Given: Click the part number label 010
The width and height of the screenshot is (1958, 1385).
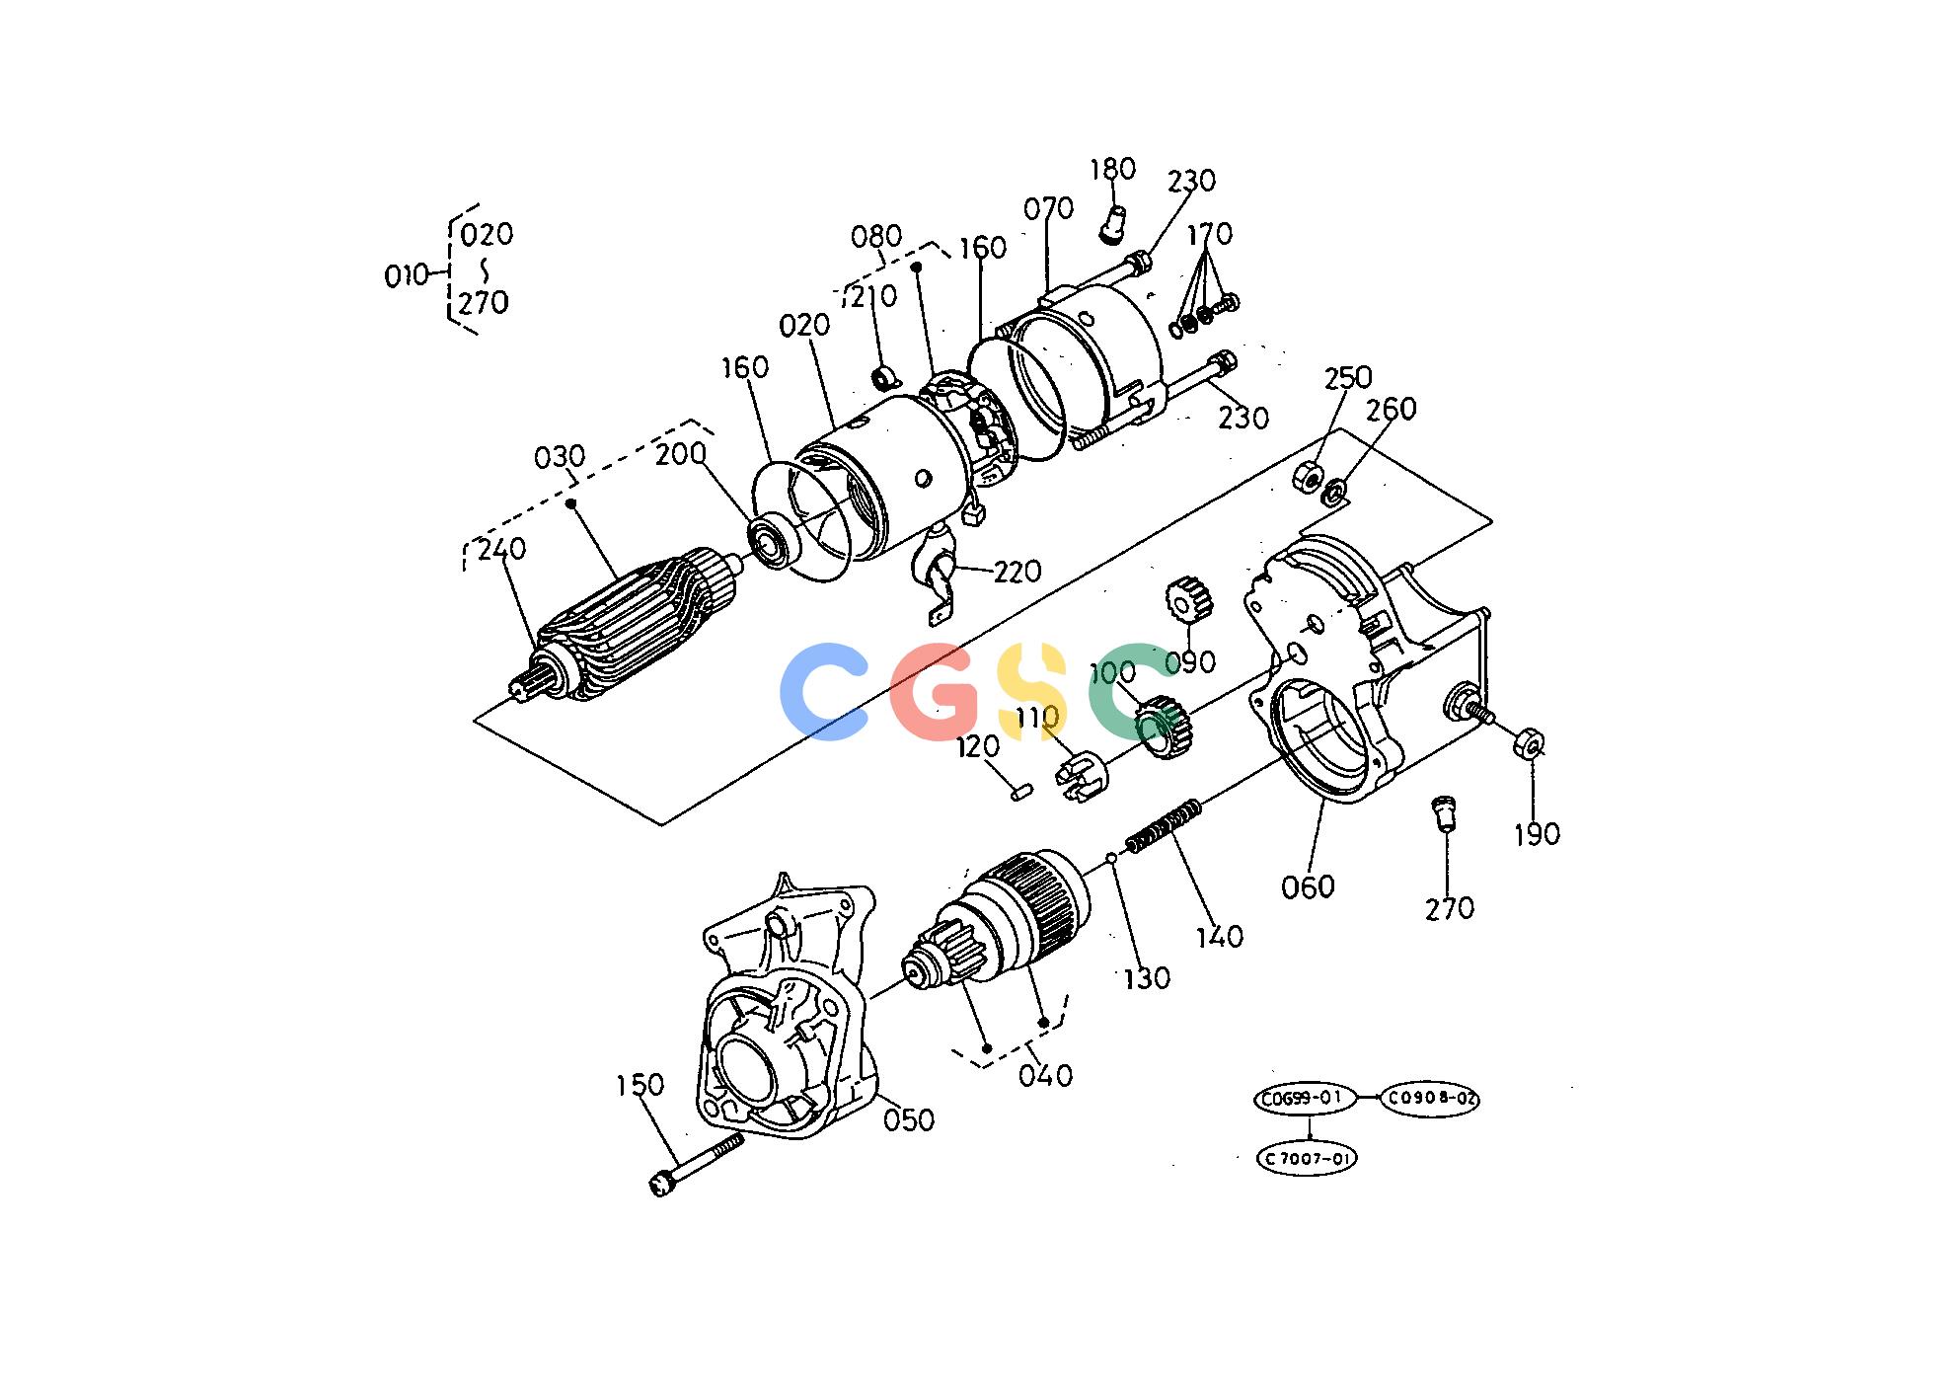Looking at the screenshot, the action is tap(407, 275).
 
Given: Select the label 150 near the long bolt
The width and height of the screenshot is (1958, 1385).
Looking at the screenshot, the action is tap(640, 1085).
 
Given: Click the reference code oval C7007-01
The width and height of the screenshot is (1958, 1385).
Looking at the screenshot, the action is tap(1306, 1158).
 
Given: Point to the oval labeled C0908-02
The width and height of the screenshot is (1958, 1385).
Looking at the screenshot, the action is tap(1429, 1098).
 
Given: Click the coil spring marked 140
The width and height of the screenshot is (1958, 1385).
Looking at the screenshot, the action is tap(1165, 825).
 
